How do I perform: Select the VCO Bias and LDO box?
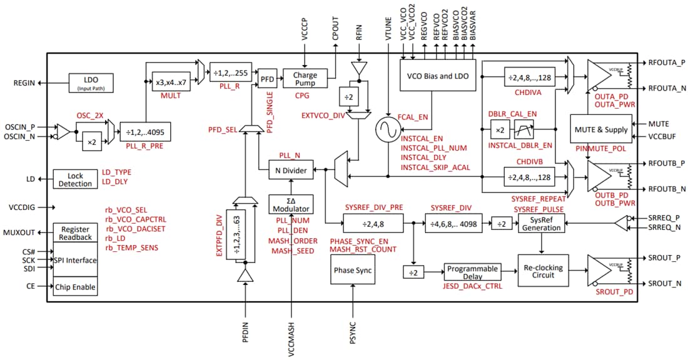(438, 76)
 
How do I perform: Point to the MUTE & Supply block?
(599, 129)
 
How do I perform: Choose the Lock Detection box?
(75, 180)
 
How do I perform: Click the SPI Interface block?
(75, 260)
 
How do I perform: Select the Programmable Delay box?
(473, 272)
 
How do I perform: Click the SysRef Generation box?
(541, 223)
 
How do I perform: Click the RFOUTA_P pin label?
(667, 64)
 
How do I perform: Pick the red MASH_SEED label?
(292, 251)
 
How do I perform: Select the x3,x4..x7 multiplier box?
(170, 82)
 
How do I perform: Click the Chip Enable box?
(75, 286)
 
